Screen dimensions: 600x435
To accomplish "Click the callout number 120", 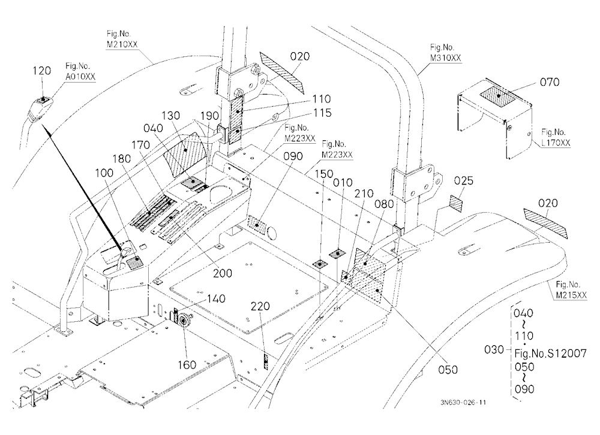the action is coord(42,71).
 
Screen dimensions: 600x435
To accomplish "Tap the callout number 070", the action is coord(550,82).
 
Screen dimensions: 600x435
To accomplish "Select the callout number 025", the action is coord(464,180).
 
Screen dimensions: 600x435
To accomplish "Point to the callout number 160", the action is coord(187,365).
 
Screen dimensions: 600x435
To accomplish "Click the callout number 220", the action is coord(260,306).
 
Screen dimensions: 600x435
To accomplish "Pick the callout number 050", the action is coord(448,370).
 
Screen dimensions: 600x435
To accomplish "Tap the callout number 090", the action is coord(293,156).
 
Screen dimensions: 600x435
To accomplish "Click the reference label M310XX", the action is coord(446,58).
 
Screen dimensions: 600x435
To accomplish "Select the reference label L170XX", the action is coord(556,143).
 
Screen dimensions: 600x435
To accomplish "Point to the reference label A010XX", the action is coord(80,77).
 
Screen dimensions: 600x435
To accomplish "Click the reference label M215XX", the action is coord(571,295).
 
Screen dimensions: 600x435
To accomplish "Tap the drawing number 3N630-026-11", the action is coord(463,403).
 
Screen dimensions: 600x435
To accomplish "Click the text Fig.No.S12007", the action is coord(550,353).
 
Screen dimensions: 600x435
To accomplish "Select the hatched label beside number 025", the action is coord(456,203).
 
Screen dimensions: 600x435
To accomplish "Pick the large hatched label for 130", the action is coord(185,154).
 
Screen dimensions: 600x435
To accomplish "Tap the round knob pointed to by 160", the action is coord(184,318).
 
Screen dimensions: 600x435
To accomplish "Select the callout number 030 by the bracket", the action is coord(494,349).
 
